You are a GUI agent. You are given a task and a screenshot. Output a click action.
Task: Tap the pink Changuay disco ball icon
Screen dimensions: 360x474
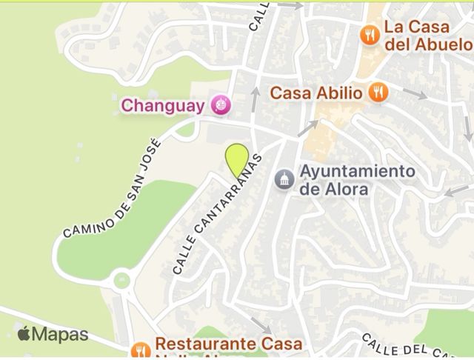click(220, 106)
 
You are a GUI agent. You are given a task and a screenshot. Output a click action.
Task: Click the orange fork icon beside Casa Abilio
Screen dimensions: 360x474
click(378, 93)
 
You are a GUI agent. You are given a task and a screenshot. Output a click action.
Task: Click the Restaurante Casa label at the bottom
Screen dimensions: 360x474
click(228, 344)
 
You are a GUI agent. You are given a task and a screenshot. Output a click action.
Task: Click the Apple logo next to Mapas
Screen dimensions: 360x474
click(24, 334)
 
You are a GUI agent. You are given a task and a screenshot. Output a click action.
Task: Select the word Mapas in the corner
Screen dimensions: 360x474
click(61, 335)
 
